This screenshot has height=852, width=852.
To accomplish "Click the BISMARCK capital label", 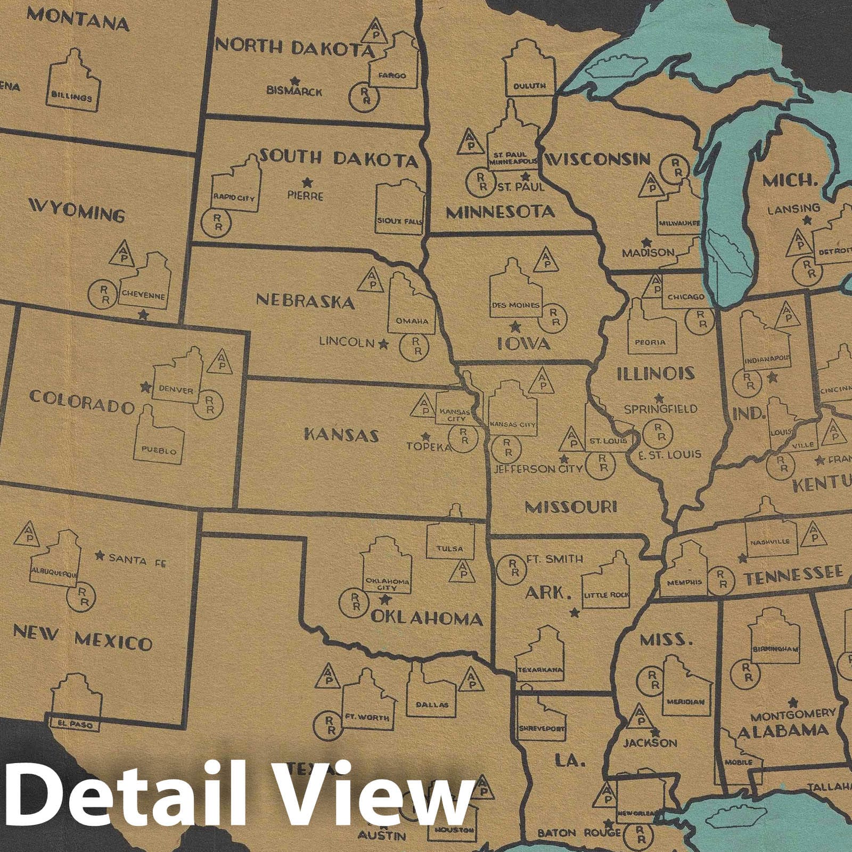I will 294,91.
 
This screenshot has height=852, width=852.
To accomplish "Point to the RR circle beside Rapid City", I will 217,222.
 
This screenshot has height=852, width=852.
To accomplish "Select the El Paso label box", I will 70,723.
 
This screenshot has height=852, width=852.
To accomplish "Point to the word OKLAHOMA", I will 426,618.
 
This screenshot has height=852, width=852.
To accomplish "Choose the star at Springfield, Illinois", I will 659,398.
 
